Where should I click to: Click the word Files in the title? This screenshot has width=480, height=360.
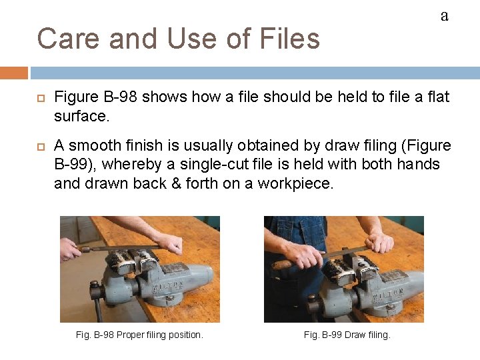pos(289,39)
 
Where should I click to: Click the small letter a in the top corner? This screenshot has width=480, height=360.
pos(445,16)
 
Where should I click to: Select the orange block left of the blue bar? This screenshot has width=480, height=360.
pos(14,73)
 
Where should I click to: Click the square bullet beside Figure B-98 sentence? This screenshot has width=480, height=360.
pos(41,98)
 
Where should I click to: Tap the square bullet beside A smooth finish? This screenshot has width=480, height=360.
pos(41,147)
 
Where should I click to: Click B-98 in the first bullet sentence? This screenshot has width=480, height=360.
pos(120,97)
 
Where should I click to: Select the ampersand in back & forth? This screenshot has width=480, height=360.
pos(176,183)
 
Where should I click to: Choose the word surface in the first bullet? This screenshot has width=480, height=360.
pos(82,116)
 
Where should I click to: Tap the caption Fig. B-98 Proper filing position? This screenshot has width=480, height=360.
pos(139,335)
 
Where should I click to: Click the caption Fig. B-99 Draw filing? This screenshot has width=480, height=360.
pos(347,335)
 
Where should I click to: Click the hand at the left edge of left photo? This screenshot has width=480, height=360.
pos(69,249)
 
